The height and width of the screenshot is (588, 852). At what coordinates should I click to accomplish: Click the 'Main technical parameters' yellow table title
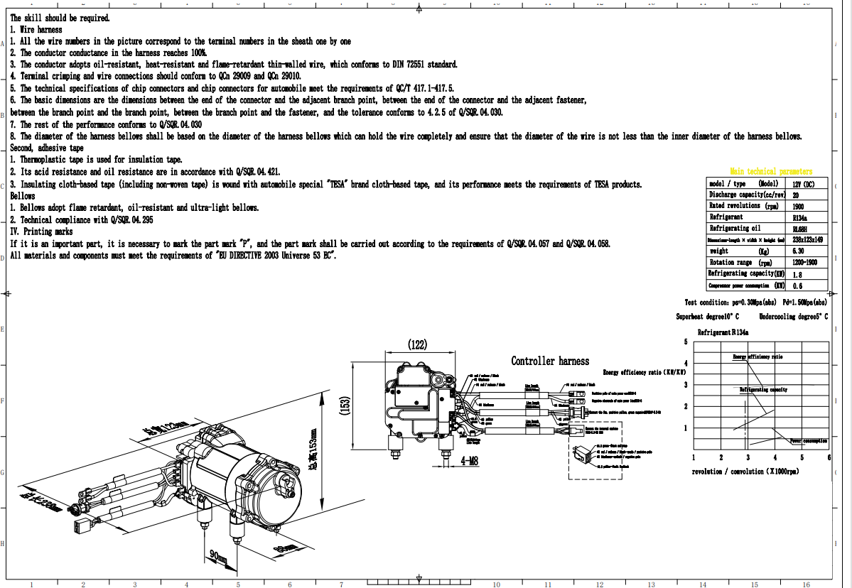770,171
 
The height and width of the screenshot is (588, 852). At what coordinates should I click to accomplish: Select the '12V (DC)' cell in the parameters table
803,183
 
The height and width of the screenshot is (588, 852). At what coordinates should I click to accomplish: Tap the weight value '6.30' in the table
798,251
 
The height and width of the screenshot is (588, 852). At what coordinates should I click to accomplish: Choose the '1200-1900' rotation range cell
804,263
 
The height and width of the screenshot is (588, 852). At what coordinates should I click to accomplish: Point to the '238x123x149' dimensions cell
809,240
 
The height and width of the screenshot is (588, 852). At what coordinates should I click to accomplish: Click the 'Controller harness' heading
550,361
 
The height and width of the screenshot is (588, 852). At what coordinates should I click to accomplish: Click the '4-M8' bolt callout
469,461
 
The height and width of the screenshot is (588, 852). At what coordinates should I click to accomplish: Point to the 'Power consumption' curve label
809,441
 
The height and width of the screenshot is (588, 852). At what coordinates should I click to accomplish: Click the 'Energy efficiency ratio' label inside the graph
757,357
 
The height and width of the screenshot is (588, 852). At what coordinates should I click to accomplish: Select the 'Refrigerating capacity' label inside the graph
763,389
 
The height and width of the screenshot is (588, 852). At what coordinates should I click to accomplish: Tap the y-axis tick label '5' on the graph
685,342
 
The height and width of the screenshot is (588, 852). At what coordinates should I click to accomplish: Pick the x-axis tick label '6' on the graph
829,457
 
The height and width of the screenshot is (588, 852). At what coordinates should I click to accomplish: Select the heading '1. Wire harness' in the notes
36,30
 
